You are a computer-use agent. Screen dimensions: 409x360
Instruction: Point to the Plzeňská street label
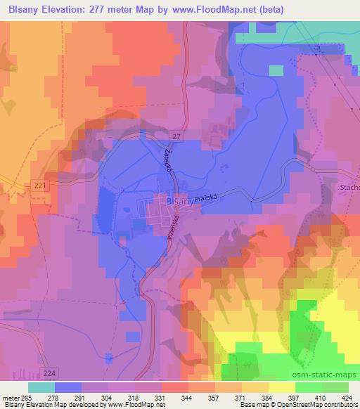pos(171,230)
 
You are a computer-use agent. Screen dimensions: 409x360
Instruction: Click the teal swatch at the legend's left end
pos(41,387)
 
